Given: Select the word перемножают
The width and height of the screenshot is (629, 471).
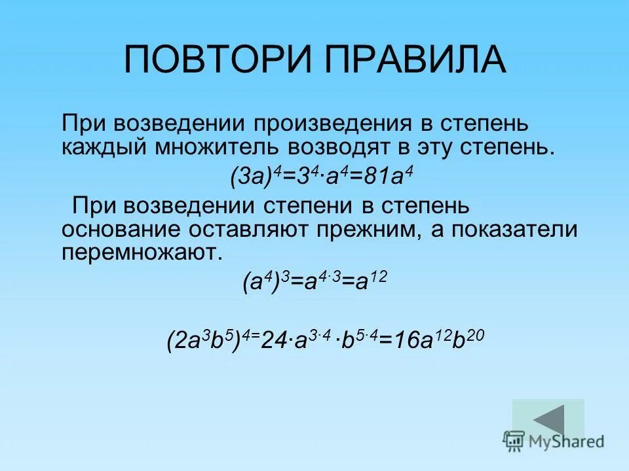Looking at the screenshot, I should click(138, 253).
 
